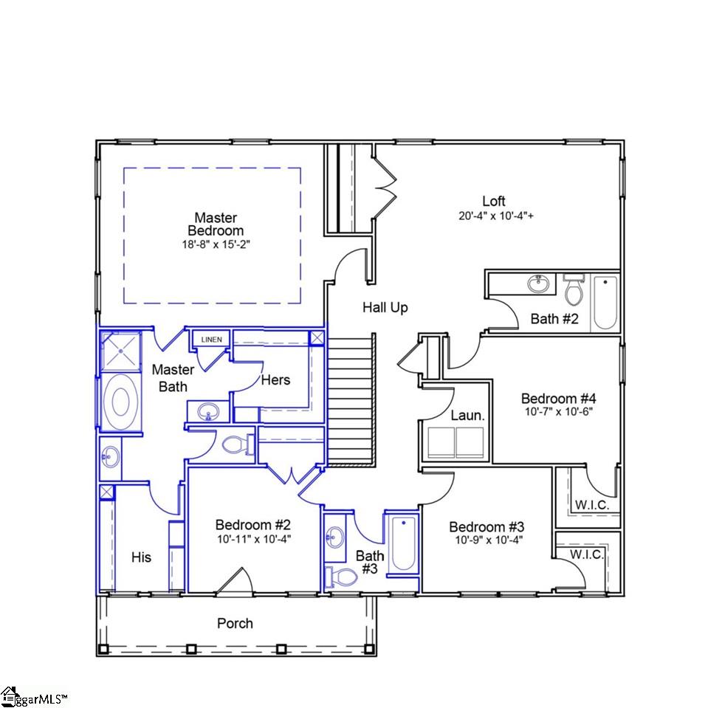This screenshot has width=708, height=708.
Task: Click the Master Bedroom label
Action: [216, 224]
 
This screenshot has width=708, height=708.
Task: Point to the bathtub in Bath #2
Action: [604, 302]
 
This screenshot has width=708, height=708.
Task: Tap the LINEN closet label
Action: [211, 340]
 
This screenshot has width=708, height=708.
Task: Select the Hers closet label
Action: [275, 380]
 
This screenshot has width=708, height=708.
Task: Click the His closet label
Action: [141, 557]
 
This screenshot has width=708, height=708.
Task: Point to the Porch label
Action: [235, 624]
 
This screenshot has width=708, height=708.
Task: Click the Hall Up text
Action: [385, 307]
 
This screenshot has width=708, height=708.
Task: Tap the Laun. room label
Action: [468, 416]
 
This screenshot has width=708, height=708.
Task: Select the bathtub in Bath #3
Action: [402, 545]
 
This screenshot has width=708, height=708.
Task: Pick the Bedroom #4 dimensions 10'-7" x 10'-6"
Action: [557, 410]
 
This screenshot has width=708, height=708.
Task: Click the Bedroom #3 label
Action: [487, 527]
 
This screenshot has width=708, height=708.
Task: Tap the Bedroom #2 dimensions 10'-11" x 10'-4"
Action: [253, 539]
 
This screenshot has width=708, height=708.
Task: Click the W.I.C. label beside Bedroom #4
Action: [590, 506]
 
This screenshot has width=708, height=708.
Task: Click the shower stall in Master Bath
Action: [121, 351]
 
